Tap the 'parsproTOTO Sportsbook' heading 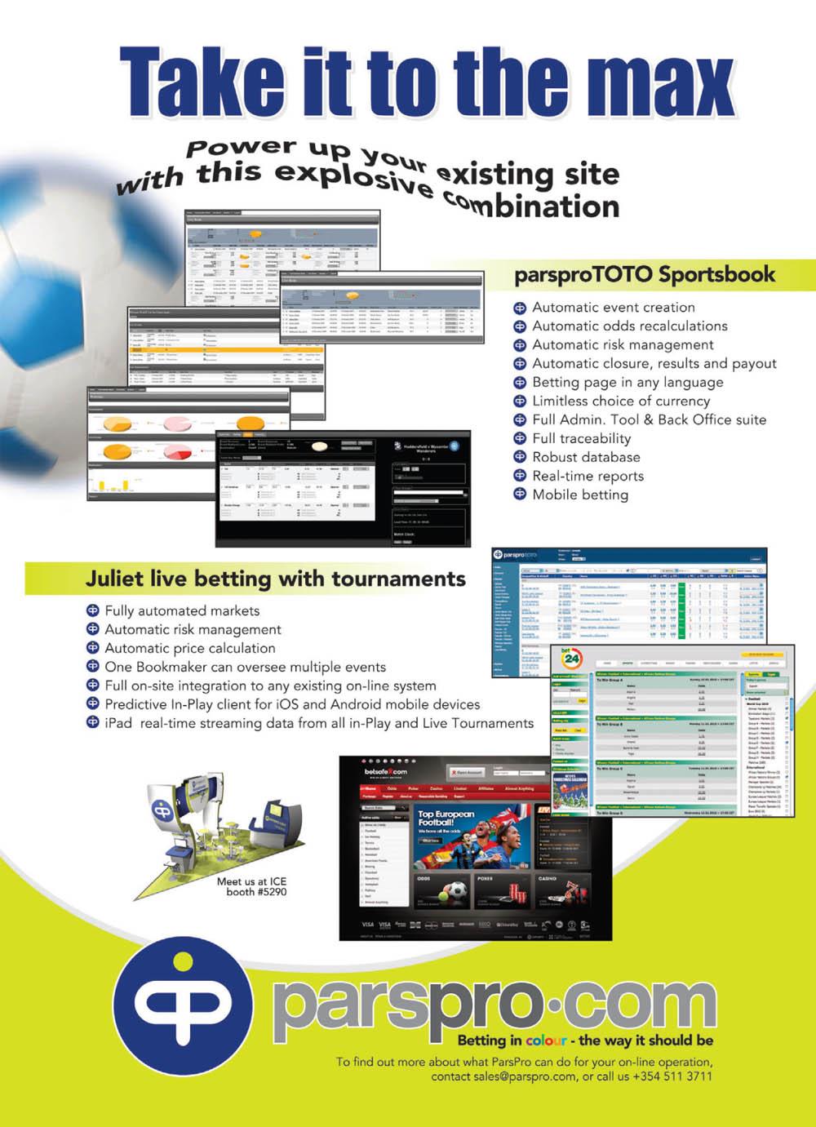click(644, 274)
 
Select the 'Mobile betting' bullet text click(580, 495)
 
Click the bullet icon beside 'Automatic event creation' click(519, 308)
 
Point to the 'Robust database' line click(586, 457)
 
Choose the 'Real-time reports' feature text click(588, 476)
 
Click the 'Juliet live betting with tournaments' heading click(275, 579)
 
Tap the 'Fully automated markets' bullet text click(182, 610)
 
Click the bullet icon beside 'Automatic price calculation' click(92, 648)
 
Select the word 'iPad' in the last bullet click(119, 723)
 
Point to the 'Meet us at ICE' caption click(251, 881)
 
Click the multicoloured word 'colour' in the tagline click(546, 1040)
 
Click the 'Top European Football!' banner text click(446, 818)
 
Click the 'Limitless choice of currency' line click(620, 401)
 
